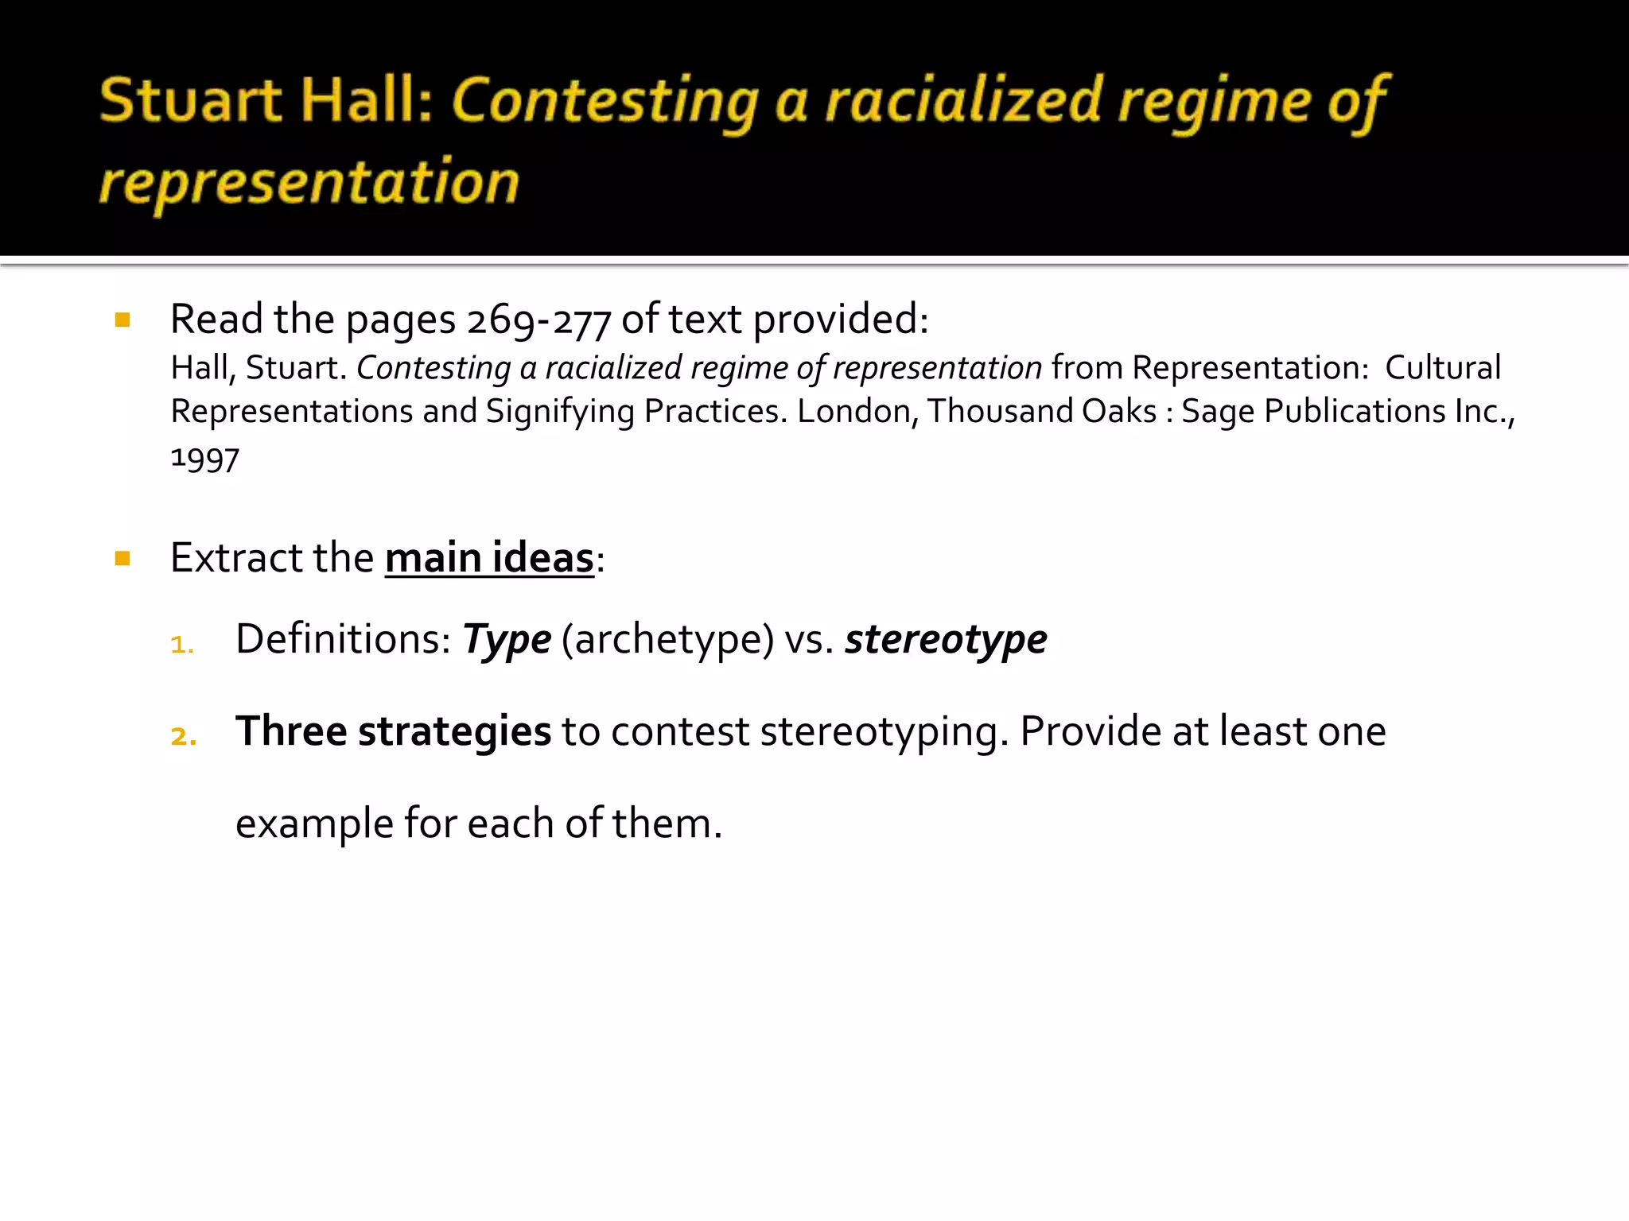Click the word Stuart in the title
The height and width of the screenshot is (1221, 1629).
pos(191,101)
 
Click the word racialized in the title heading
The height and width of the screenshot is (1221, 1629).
pos(962,101)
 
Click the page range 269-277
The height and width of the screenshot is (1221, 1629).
pos(538,320)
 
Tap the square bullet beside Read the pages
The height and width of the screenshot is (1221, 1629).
pos(122,320)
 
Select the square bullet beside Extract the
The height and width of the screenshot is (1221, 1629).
pos(122,559)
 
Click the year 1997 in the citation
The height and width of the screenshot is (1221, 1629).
pos(204,459)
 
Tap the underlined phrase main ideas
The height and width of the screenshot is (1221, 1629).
pos(489,558)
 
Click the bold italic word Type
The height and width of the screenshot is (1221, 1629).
pos(507,641)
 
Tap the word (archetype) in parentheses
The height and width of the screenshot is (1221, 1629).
pos(667,641)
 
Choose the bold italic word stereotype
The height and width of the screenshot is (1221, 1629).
pos(946,640)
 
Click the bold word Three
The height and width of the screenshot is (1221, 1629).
pos(290,731)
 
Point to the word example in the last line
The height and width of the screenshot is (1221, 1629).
pos(314,824)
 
